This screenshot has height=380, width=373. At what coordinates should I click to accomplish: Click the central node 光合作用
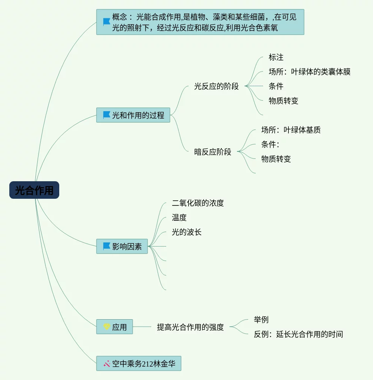point(34,190)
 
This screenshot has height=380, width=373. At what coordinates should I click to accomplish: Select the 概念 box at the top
point(200,22)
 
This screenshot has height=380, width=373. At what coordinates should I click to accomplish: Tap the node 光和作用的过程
point(133,115)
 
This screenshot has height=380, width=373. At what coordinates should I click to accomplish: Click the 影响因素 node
point(122,246)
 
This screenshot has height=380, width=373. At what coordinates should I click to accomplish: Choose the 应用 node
point(114,327)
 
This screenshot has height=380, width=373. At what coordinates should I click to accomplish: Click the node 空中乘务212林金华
point(139,364)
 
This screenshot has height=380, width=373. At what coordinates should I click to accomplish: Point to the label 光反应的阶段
point(216,87)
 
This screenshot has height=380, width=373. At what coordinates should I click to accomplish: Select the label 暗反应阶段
point(212,152)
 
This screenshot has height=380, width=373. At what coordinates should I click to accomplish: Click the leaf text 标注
point(276,57)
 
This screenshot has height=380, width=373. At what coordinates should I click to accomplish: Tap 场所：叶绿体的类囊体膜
point(309,72)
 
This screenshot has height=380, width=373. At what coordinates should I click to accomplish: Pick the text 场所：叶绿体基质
point(291,130)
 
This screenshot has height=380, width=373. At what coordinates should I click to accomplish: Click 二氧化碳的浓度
point(197,203)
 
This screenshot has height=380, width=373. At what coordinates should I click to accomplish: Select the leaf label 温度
point(179,217)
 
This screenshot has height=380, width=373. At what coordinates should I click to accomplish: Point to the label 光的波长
point(186,232)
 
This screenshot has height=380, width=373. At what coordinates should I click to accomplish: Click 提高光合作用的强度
point(190,327)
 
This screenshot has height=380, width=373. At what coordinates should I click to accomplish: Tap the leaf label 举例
point(261,320)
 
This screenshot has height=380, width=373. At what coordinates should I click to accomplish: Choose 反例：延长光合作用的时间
point(298,334)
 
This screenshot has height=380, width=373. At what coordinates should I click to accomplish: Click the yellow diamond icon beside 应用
point(107,327)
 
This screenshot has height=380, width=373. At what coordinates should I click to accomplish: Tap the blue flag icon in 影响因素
point(107,246)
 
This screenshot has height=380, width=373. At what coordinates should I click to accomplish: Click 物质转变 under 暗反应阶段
point(276,159)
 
